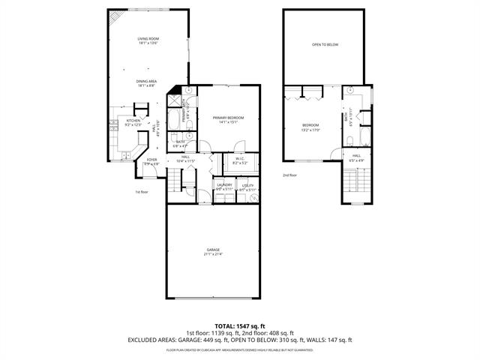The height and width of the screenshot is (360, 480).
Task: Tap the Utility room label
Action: [x=247, y=185]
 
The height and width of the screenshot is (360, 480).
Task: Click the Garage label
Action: [x=214, y=250]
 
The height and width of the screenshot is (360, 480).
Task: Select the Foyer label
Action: [x=152, y=160]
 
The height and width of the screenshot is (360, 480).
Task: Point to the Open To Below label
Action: [x=325, y=45]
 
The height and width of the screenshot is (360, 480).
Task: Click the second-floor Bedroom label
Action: [x=310, y=124]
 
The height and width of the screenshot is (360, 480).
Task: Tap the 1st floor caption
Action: [x=142, y=192]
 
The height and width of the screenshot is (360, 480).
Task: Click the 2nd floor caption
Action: [x=289, y=175]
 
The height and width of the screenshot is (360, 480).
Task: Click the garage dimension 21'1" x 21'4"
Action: [x=214, y=254]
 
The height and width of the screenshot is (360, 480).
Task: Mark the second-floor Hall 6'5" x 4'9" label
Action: [x=357, y=157]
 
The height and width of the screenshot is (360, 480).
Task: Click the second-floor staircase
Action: [x=358, y=184]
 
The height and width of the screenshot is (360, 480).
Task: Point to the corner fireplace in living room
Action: [x=114, y=17]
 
